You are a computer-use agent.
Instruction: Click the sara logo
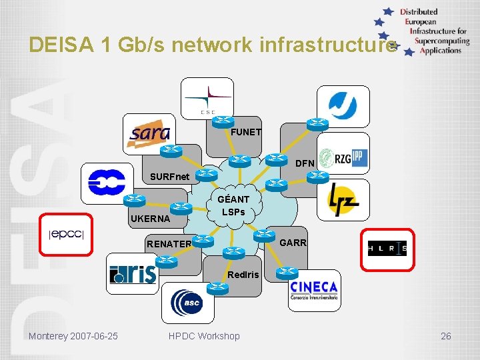pos(149,133)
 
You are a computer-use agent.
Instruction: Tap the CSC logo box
pos(207,98)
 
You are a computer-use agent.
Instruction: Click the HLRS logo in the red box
pos(387,249)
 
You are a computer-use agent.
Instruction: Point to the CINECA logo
pos(313,291)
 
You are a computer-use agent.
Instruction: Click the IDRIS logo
pos(133,274)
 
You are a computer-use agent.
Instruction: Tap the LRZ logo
pos(343,199)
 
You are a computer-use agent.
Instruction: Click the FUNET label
pos(246,132)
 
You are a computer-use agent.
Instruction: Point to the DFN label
pos(305,163)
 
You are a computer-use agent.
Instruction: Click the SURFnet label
pos(170,177)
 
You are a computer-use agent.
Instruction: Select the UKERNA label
pos(150,218)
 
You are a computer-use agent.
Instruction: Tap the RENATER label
pos(169,244)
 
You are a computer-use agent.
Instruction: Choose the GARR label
pos(293,243)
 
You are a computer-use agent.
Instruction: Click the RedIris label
pos(243,274)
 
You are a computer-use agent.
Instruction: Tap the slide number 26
pos(445,336)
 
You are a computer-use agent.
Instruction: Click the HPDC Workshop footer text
pos(204,336)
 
